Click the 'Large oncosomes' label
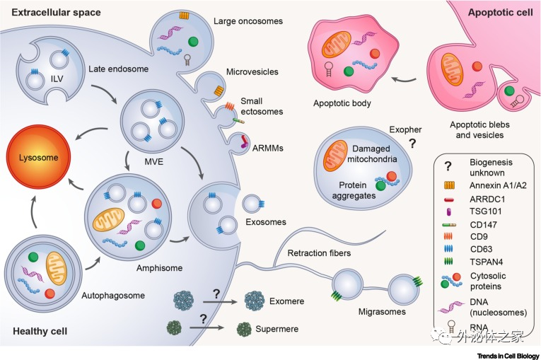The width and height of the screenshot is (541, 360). tap(248, 21)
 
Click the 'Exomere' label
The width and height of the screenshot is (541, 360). tap(286, 301)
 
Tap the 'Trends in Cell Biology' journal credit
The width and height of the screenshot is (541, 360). tap(505, 355)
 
